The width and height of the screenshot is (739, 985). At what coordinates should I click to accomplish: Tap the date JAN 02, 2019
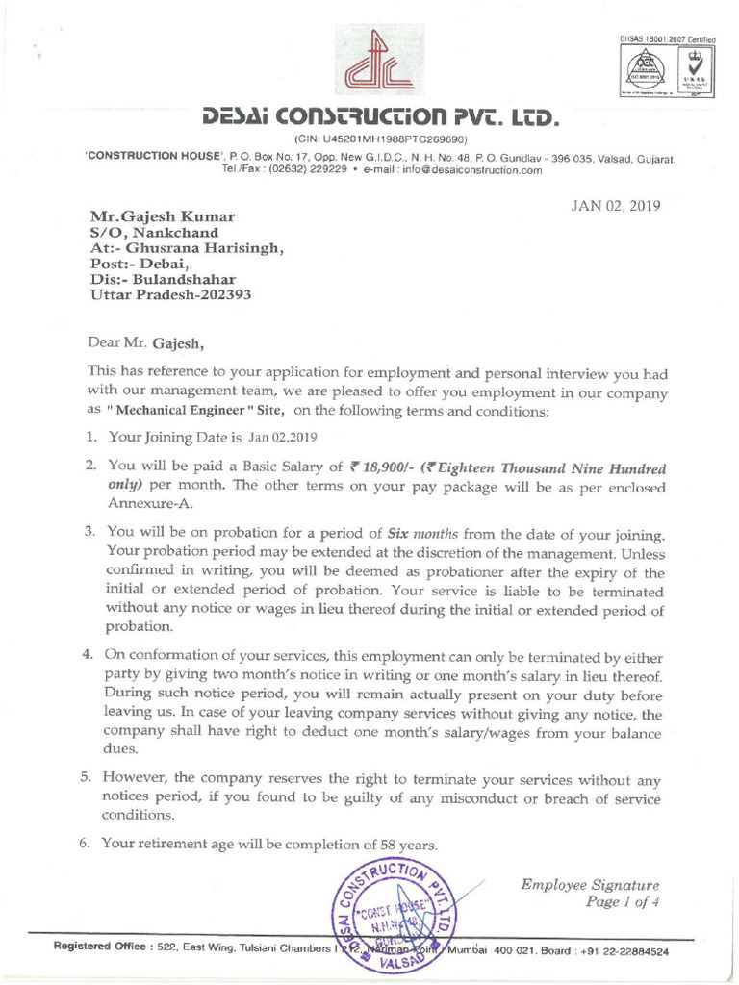[615, 206]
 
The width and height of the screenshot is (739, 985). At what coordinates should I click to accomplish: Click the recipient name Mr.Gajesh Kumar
[162, 216]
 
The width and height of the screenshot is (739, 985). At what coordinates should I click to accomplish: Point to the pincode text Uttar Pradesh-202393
[170, 295]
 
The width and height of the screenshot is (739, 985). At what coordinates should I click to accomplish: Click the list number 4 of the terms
[85, 656]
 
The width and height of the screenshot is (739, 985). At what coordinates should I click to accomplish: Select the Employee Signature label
[590, 885]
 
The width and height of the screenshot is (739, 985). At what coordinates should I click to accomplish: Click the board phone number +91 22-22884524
[622, 951]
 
